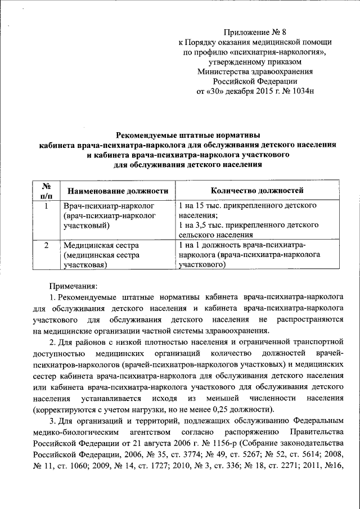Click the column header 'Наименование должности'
coord(116,191)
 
